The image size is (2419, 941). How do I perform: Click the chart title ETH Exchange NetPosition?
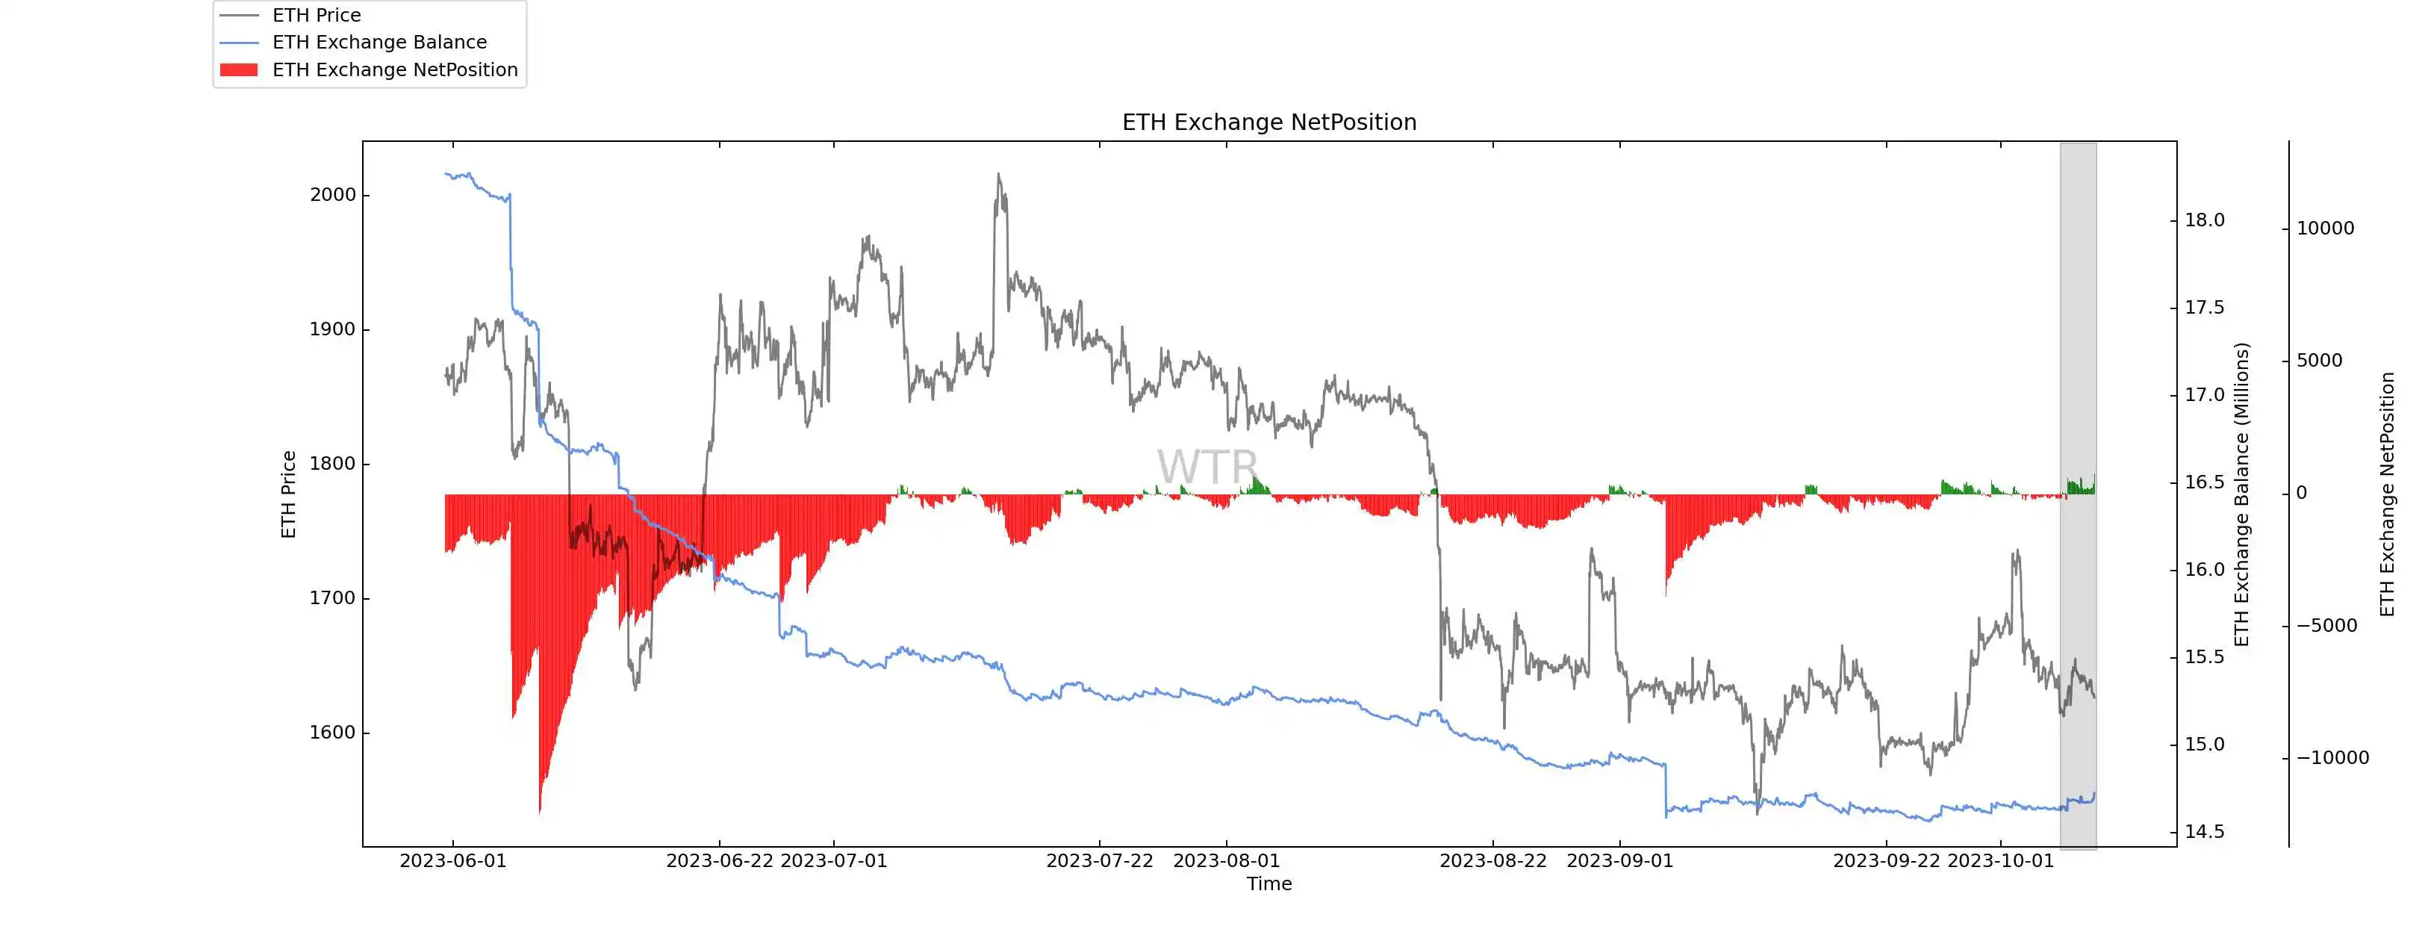click(1268, 122)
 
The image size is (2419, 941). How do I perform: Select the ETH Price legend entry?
click(317, 15)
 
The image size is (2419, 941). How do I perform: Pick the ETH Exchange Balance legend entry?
click(379, 43)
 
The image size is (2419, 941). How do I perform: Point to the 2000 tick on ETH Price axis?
click(334, 194)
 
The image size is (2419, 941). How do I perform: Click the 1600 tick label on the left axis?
click(334, 733)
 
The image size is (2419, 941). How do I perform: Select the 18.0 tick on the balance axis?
click(2204, 220)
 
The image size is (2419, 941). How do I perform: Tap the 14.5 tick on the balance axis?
click(2204, 831)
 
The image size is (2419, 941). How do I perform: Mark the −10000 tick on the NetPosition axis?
click(2332, 758)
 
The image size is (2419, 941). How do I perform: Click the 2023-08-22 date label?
click(1493, 861)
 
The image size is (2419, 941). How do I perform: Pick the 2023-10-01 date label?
click(2001, 861)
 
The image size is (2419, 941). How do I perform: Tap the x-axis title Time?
click(1268, 883)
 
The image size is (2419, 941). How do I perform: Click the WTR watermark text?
click(1207, 467)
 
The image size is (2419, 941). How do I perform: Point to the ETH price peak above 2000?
click(998, 175)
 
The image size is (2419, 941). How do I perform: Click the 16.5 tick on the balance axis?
click(2204, 482)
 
